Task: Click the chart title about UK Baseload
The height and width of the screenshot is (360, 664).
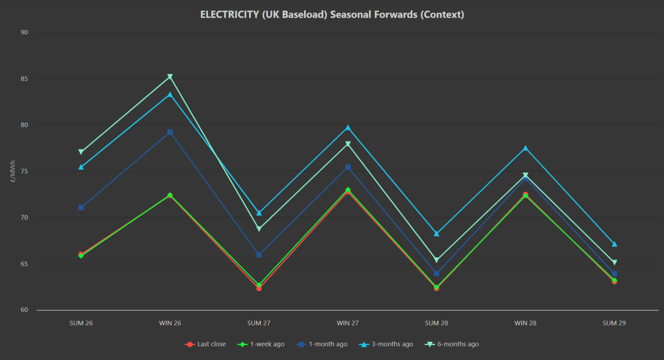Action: [332, 14]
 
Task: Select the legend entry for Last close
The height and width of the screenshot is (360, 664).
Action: [206, 344]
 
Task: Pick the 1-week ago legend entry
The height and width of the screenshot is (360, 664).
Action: [262, 344]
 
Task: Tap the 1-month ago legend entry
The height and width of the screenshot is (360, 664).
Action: [322, 344]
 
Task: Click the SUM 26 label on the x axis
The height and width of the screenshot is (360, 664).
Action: [81, 322]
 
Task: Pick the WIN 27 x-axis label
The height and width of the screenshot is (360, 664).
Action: [348, 322]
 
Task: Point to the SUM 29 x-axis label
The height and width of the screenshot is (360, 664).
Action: [614, 322]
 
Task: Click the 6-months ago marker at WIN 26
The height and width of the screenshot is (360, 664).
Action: [170, 77]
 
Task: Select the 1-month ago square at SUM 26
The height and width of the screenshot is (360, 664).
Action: [81, 208]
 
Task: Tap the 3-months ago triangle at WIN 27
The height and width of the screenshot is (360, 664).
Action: [348, 128]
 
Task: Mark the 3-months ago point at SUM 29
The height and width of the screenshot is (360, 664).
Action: [614, 245]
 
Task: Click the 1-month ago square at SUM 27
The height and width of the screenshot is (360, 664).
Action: [259, 254]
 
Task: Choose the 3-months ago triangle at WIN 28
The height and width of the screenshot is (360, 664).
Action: [525, 149]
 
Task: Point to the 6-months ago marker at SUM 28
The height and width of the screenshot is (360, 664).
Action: [436, 260]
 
